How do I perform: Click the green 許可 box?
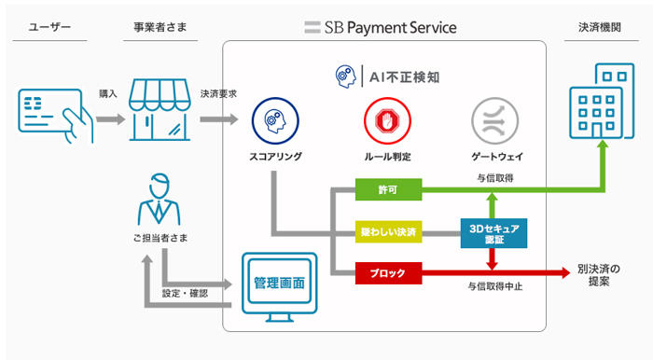pos(388,189)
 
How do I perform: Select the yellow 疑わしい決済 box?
pos(388,232)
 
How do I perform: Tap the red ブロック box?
pos(388,273)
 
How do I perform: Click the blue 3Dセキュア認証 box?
pos(493,233)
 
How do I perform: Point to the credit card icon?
pos(55,116)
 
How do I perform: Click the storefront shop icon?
pos(160,109)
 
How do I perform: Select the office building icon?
pos(602,101)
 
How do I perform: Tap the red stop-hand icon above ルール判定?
pos(387,120)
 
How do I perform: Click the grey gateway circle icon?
pos(494,120)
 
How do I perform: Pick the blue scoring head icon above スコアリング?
pos(275,120)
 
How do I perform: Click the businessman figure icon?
pos(160,200)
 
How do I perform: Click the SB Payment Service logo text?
pos(381,27)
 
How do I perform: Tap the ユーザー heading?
pos(49,27)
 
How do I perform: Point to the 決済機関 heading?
pos(600,27)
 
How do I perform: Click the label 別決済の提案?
pos(599,275)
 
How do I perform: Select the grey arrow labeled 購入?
pos(111,119)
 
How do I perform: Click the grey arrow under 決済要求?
pos(219,119)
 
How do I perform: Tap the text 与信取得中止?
pos(495,286)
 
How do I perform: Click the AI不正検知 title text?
pos(404,77)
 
